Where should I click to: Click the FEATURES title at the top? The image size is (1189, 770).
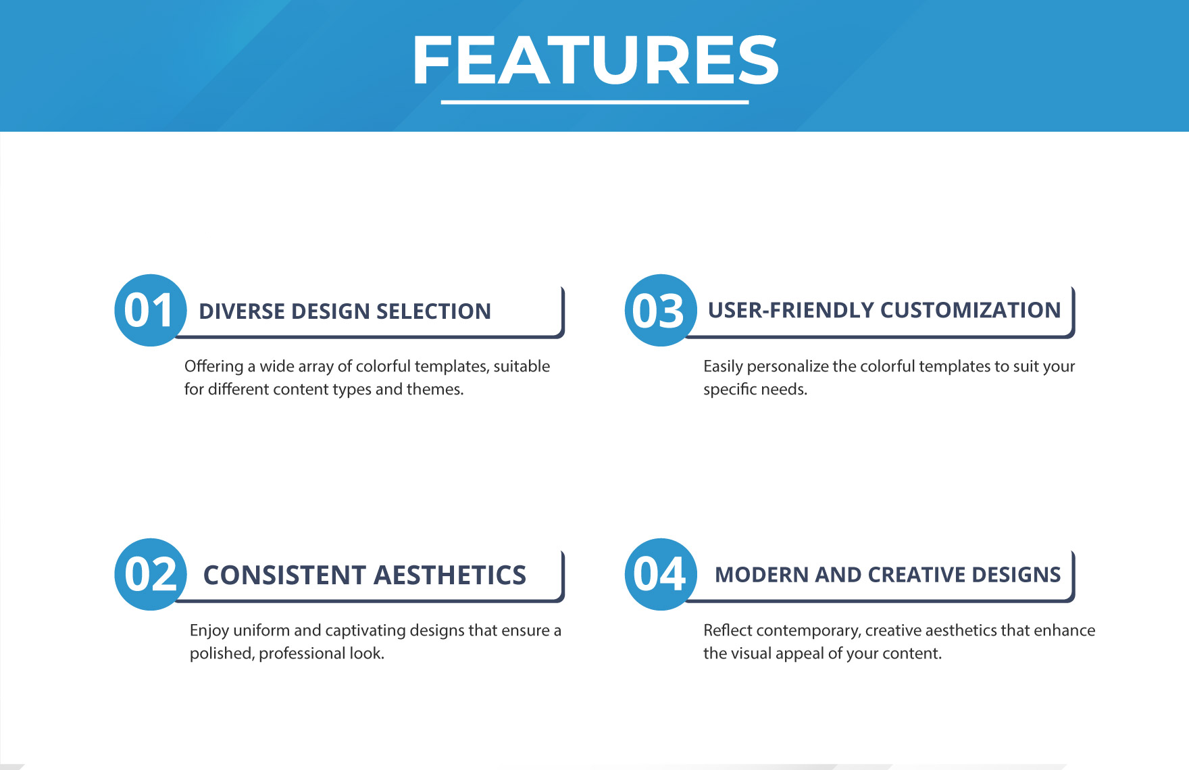pyautogui.click(x=595, y=60)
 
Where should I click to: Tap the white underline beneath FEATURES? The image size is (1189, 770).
pyautogui.click(x=595, y=102)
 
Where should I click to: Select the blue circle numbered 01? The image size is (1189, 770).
pyautogui.click(x=151, y=310)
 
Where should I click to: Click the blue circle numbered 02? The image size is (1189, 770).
pyautogui.click(x=151, y=574)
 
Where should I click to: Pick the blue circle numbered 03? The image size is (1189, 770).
pyautogui.click(x=661, y=310)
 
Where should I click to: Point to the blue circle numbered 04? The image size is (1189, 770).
pyautogui.click(x=661, y=574)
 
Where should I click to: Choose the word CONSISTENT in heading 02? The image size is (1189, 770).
pyautogui.click(x=284, y=575)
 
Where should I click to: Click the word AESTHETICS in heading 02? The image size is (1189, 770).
pyautogui.click(x=449, y=575)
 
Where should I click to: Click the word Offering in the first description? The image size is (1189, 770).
pyautogui.click(x=213, y=366)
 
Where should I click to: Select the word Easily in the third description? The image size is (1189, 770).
pyautogui.click(x=723, y=366)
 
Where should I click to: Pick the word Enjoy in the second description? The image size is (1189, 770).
pyautogui.click(x=209, y=631)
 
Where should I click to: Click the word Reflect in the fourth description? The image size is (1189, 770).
pyautogui.click(x=728, y=630)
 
